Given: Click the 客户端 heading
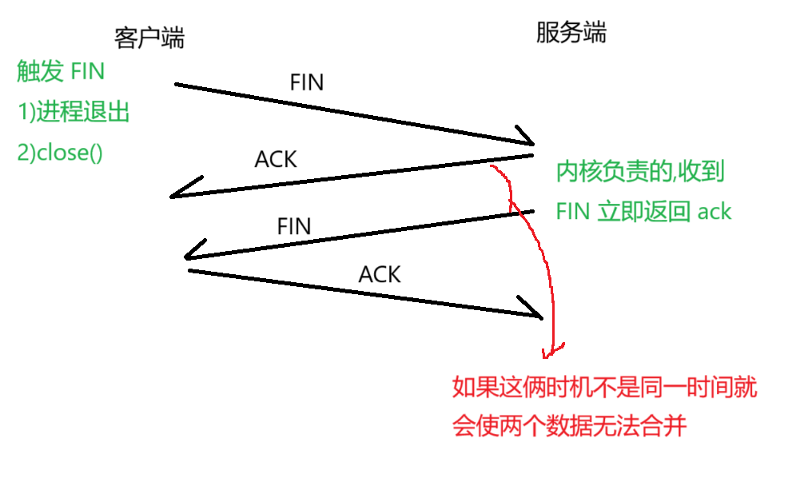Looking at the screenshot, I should (x=149, y=37).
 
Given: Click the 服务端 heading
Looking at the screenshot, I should (x=571, y=32).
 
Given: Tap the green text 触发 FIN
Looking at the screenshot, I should (x=62, y=72).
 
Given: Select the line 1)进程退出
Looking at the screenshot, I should (x=74, y=112).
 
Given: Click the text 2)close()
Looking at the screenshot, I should (x=60, y=152).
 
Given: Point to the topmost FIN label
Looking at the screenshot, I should (x=307, y=82).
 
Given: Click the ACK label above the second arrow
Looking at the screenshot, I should (x=276, y=159).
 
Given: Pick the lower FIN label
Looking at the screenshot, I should (x=293, y=226).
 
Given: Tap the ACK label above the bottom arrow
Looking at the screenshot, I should (x=380, y=275).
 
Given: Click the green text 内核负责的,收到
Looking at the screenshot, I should (x=641, y=172).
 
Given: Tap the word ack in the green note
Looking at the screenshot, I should (x=714, y=211).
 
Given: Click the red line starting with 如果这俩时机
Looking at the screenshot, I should (x=604, y=388).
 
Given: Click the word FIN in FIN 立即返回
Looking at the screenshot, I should (x=573, y=211).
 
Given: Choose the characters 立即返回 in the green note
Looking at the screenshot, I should (x=644, y=211).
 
